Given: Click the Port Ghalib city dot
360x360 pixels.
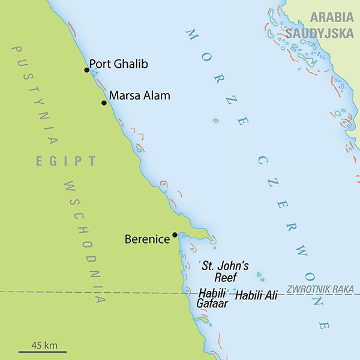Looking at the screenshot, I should point(86,70).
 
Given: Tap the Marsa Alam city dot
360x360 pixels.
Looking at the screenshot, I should point(104,103).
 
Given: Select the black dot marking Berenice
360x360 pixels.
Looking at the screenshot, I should point(175,235).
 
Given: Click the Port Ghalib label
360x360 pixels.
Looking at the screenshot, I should point(119,64).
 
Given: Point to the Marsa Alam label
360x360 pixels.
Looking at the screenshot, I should point(140,95).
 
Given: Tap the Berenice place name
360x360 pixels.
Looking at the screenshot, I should point(147,239).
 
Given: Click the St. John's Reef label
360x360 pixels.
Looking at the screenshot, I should point(224,271).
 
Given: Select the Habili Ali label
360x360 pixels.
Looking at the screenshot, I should point(256,295).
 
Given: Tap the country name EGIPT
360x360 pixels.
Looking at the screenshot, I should point(65,161).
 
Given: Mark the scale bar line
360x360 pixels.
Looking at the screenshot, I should point(42,352).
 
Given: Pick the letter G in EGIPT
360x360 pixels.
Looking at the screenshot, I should point(53,161).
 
